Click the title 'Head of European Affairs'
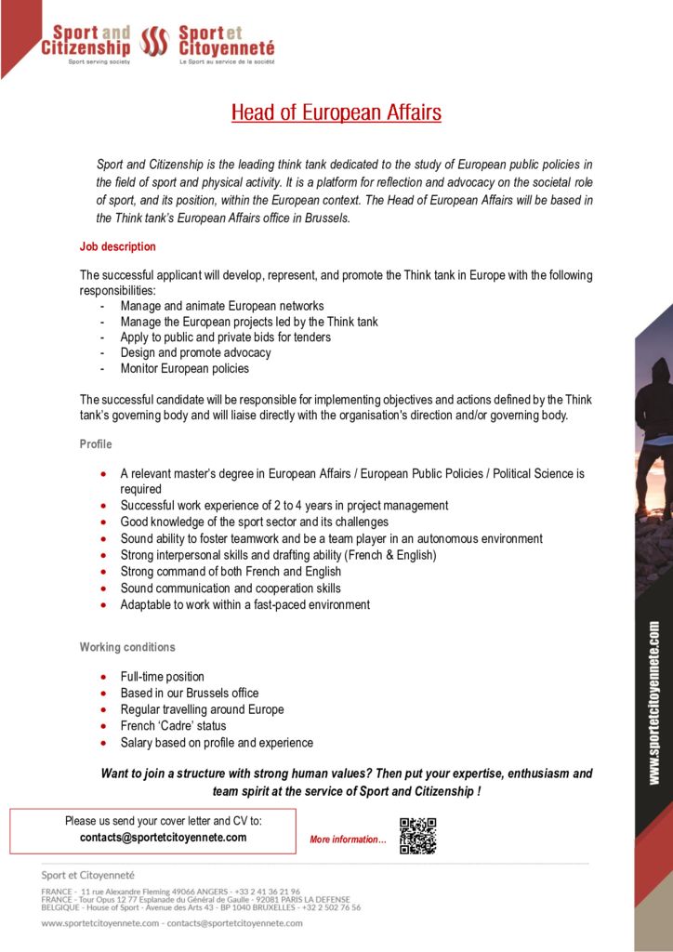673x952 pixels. click(x=336, y=113)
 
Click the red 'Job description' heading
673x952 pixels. click(x=118, y=247)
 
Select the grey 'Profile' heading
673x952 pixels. click(x=96, y=444)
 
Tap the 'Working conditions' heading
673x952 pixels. click(x=127, y=647)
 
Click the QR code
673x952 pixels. click(x=417, y=836)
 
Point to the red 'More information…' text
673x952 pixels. click(x=348, y=840)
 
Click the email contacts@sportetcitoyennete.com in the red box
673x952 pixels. click(x=164, y=837)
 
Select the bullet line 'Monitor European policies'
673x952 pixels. click(x=184, y=369)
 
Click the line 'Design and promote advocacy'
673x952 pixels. click(x=195, y=353)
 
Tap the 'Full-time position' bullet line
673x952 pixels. click(x=162, y=677)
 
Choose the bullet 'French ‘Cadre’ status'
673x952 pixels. click(x=173, y=726)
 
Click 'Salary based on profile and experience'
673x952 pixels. click(x=217, y=743)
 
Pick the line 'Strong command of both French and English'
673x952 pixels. click(x=231, y=572)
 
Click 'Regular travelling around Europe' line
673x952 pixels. click(x=202, y=709)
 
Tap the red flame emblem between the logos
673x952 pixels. click(x=152, y=41)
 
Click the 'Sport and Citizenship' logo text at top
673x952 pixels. click(x=86, y=41)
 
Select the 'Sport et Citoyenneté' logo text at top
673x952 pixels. click(x=225, y=41)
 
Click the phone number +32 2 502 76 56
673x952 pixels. click(x=332, y=907)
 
